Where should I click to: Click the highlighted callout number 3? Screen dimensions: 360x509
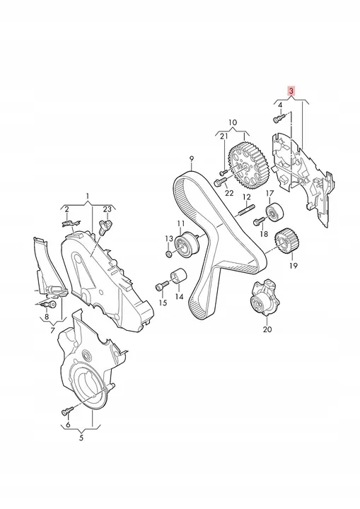click(291, 91)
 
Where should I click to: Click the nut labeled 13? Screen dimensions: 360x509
click(168, 254)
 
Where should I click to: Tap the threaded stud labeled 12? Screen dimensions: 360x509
click(248, 210)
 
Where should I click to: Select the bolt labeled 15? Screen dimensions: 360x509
click(162, 286)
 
